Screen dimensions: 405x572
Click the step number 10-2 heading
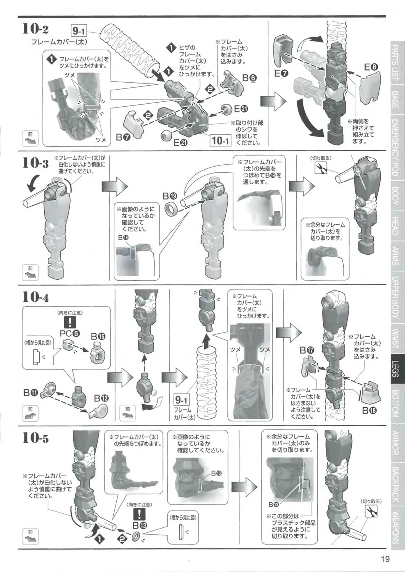click(35, 29)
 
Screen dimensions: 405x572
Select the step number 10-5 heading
click(35, 438)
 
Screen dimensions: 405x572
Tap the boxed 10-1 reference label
click(220, 140)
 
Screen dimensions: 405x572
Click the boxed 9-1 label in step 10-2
click(79, 31)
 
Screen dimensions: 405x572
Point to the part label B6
click(249, 78)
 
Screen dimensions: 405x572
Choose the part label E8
click(371, 67)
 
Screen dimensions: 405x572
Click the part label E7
click(281, 74)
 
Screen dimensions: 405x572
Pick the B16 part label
click(98, 337)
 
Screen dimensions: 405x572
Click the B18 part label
click(370, 410)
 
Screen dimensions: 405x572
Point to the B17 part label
click(307, 350)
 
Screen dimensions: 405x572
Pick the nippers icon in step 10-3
click(321, 168)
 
